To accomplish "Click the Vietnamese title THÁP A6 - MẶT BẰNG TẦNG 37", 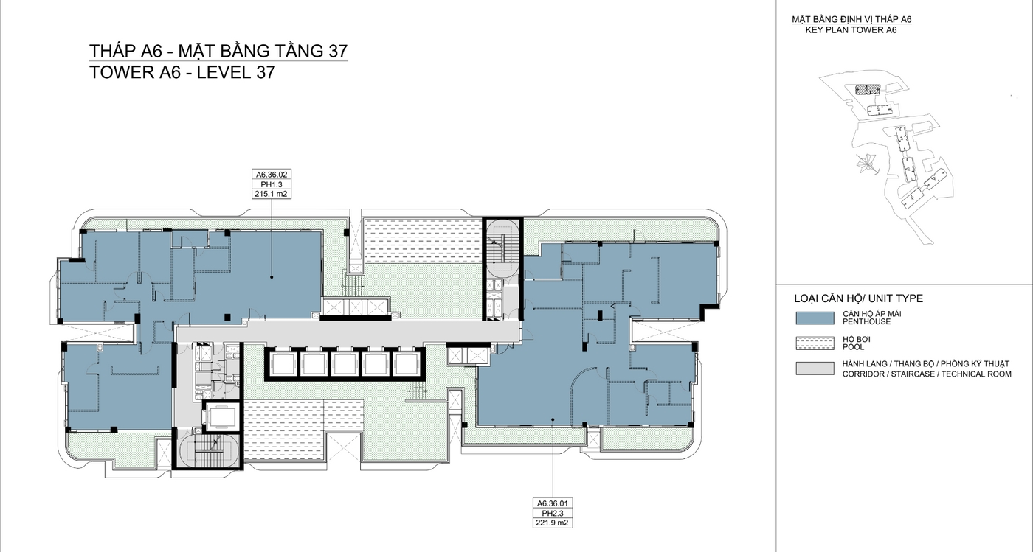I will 218,51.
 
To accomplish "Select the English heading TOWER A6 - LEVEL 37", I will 182,72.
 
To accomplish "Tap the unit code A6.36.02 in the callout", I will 271,175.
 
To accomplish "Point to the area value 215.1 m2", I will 271,195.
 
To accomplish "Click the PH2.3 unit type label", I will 553,513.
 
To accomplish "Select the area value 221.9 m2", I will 553,523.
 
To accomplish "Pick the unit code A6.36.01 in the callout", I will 553,503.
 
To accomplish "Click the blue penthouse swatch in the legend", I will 814,318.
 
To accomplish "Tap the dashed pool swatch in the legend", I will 814,343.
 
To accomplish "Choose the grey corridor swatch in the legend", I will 814,368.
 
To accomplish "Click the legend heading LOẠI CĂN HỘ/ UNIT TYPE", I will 858,298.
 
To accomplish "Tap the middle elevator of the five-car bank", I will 345,363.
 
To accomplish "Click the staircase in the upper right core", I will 502,251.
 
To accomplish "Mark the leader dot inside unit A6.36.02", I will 271,277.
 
